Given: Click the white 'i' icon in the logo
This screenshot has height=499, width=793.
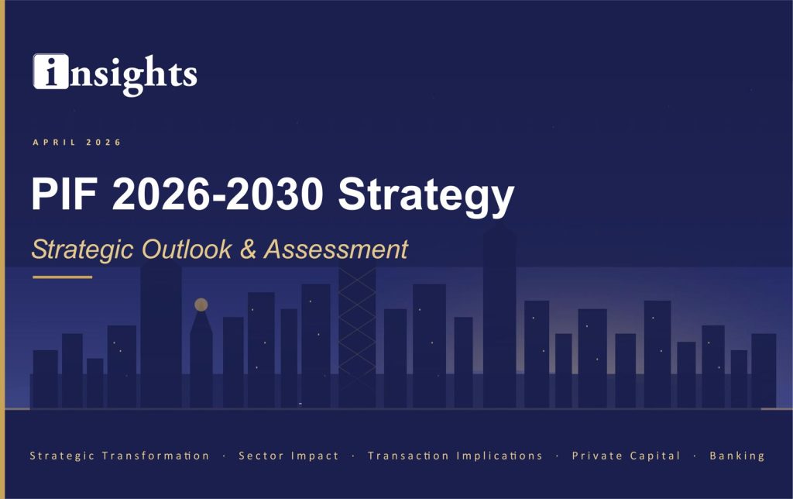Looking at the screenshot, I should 50,71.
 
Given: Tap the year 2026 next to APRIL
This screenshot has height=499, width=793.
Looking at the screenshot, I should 104,142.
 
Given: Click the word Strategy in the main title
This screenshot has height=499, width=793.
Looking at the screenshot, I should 425,195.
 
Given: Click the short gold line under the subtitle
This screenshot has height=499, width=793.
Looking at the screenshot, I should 62,277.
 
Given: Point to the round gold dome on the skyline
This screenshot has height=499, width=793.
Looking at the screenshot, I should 201,305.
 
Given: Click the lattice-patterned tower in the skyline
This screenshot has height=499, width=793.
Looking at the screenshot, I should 357,333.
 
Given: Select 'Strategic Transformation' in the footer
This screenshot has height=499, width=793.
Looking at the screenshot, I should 119,456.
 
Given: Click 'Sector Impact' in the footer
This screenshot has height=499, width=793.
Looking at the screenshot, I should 288,456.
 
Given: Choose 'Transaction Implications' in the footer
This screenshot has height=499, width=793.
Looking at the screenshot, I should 455,456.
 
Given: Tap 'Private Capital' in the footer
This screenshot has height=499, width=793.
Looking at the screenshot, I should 626,456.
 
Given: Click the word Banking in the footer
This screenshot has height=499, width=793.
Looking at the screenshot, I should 736,456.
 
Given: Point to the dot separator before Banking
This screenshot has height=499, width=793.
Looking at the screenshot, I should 695,456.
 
